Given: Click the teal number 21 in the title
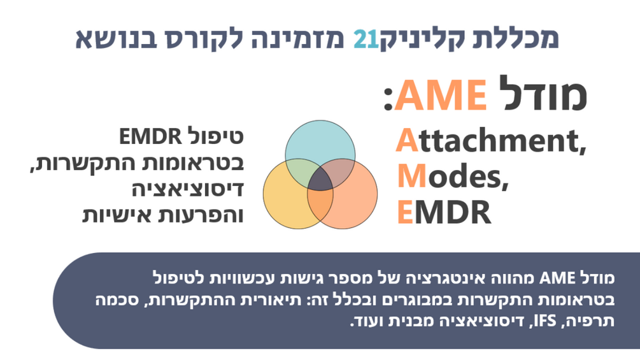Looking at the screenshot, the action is point(366,40).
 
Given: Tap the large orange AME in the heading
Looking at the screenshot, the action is point(441,95).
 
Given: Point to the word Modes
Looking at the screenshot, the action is point(453,176).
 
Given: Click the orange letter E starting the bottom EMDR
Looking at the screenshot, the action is point(405,212).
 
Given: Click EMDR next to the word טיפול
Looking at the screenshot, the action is point(150,136).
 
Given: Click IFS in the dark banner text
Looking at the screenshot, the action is point(545,321).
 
